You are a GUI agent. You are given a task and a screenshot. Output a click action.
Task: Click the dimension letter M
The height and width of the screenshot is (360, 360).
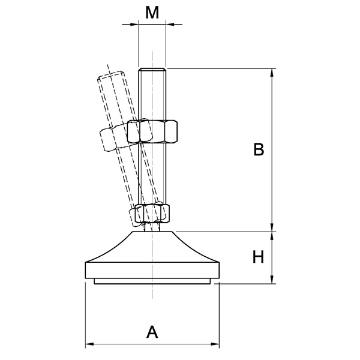coord(152,12)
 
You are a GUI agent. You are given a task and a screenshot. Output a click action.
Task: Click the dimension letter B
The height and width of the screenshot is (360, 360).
coord(259,149)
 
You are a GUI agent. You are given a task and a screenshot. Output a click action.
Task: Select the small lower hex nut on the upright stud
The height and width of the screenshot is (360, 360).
coord(152,212)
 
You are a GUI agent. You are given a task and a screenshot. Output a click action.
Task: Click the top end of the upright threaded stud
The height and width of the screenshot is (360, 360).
coord(152,70)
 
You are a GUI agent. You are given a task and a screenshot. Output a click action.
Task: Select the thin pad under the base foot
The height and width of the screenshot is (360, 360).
coord(152,281)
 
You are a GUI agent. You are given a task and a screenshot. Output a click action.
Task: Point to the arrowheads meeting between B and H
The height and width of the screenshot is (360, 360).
coord(274,231)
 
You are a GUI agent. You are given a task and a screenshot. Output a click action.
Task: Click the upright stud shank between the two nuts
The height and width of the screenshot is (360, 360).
coord(152,174)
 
